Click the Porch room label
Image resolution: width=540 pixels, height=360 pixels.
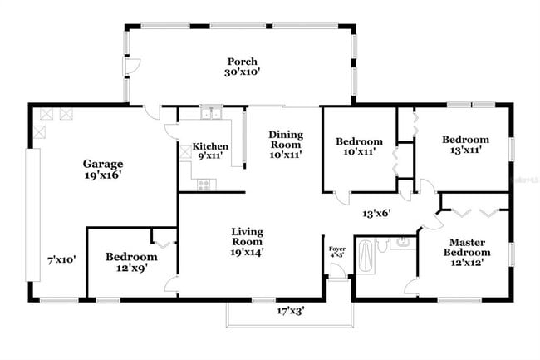tap(243, 62)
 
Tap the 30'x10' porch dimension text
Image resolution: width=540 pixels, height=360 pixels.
tap(243, 73)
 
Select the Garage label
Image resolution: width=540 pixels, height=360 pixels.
tap(103, 164)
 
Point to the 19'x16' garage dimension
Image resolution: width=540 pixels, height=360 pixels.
tap(103, 176)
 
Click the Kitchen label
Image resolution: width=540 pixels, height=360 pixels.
tap(210, 146)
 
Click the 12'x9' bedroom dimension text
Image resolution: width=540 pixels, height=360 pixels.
tap(131, 269)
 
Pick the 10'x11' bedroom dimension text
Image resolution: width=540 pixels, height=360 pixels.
tap(360, 153)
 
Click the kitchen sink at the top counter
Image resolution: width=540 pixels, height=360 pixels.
tap(211, 114)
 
